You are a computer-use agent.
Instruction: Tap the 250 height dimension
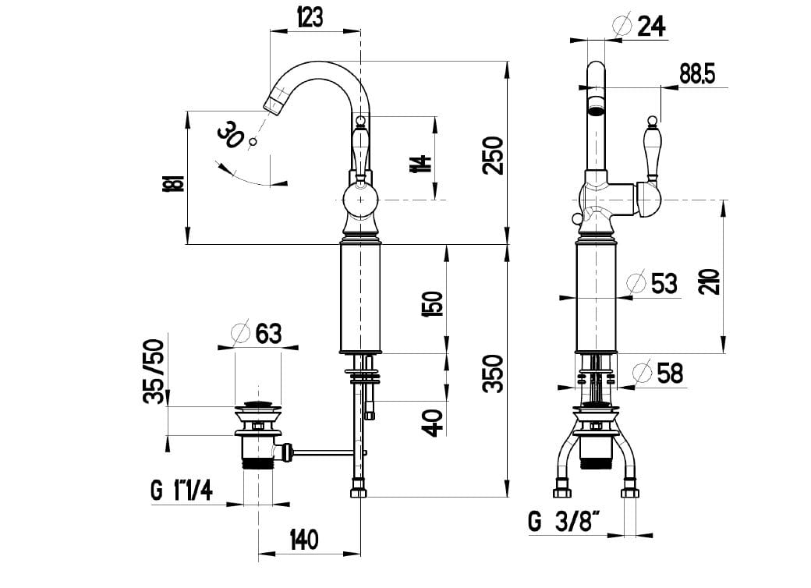pyautogui.click(x=493, y=155)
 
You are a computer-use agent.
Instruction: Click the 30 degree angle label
pyautogui.click(x=231, y=135)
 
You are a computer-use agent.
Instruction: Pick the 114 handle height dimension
pyautogui.click(x=423, y=164)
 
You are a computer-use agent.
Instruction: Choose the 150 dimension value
pyautogui.click(x=434, y=303)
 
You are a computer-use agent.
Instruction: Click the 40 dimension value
pyautogui.click(x=434, y=422)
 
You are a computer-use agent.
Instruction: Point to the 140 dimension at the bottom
pyautogui.click(x=304, y=540)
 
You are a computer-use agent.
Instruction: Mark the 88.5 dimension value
pyautogui.click(x=697, y=74)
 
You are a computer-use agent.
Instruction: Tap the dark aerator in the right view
pyautogui.click(x=597, y=104)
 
